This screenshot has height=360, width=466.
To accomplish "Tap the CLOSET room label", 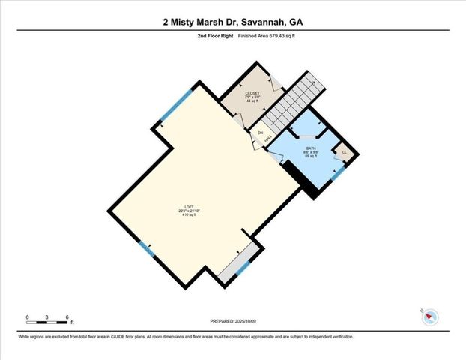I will point(252,93).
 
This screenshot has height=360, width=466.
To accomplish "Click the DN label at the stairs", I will point(261,133).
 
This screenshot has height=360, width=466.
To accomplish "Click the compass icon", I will point(430,317).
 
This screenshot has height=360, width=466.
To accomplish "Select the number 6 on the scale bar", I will point(68,318).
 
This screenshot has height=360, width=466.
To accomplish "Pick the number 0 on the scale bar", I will point(27,318).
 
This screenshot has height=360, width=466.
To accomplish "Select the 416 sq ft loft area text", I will point(188,217).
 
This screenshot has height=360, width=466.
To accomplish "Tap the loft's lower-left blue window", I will point(147,248).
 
